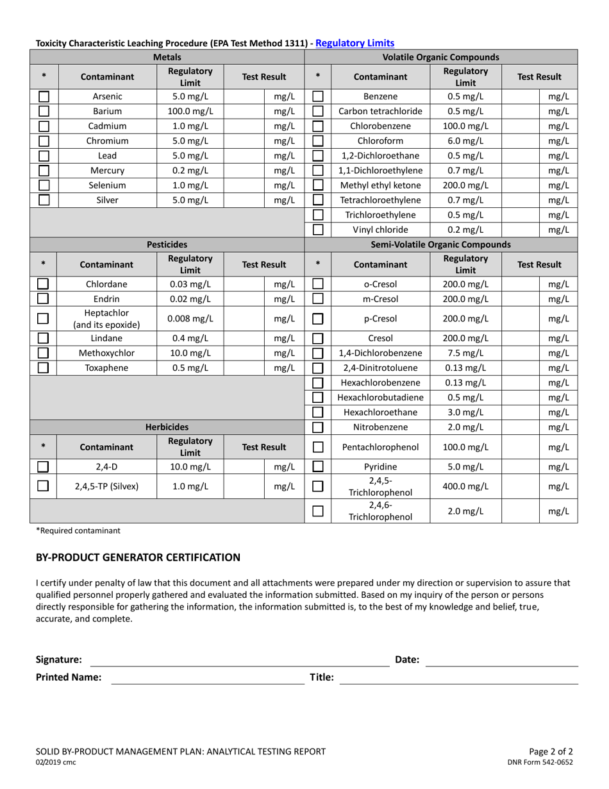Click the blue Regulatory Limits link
coord(355,43)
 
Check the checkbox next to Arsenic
coord(44,97)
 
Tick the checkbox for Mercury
coord(44,171)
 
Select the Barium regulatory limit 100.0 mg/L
coord(190,112)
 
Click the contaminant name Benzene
coord(381,97)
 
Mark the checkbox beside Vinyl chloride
coord(318,230)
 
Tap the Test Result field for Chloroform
coord(519,141)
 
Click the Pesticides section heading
coord(167,244)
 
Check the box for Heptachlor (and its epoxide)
coord(44,319)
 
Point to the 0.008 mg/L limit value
coord(190,319)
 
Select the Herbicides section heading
coord(167,427)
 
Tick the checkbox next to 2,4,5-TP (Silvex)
coord(44,486)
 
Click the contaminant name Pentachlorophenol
coord(381,447)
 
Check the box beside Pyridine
coord(318,467)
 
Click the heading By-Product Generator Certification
coord(138,557)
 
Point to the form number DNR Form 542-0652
coord(540,762)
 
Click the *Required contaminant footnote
coord(78,530)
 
